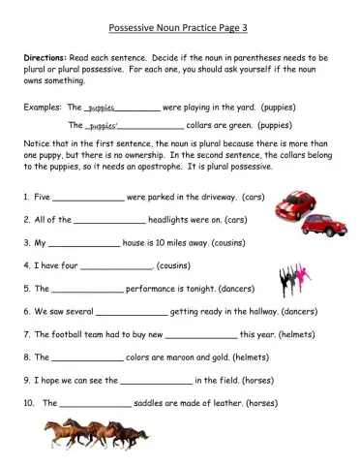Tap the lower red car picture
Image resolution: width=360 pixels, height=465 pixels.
coord(319,227)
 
